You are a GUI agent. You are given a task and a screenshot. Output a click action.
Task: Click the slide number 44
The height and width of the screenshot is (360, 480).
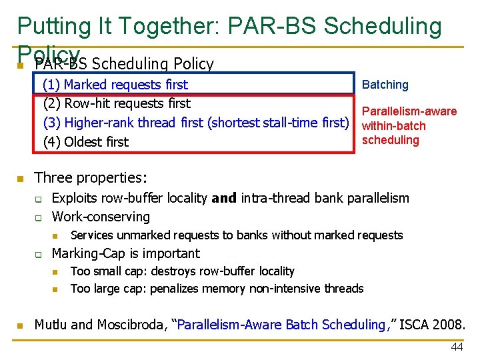(456, 347)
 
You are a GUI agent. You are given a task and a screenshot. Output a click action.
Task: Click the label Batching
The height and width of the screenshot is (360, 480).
(385, 85)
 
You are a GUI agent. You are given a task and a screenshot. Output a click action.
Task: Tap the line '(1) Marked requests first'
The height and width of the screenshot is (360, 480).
(115, 85)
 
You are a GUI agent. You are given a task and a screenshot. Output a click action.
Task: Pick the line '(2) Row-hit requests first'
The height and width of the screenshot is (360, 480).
(117, 103)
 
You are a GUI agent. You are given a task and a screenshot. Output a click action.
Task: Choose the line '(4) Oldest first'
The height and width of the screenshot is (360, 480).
(85, 141)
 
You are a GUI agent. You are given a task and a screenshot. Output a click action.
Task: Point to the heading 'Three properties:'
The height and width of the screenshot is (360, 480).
(91, 178)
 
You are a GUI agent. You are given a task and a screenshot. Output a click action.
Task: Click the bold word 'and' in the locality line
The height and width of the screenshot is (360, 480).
(224, 198)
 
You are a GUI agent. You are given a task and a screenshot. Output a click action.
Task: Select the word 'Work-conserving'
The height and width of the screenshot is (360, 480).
(101, 217)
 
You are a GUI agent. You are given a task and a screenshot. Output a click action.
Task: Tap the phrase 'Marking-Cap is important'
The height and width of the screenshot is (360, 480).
(125, 253)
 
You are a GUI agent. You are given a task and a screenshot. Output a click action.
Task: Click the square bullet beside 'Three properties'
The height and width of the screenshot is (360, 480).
(21, 179)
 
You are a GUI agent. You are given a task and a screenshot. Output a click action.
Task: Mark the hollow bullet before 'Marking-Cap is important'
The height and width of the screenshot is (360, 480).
(39, 254)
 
